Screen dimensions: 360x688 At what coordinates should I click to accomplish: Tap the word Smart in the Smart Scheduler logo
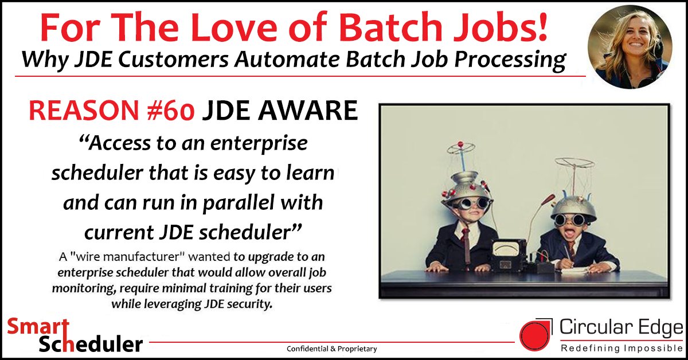33,328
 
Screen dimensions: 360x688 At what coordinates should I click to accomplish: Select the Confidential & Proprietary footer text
332,349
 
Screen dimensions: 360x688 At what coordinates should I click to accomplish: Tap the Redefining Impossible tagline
621,348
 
